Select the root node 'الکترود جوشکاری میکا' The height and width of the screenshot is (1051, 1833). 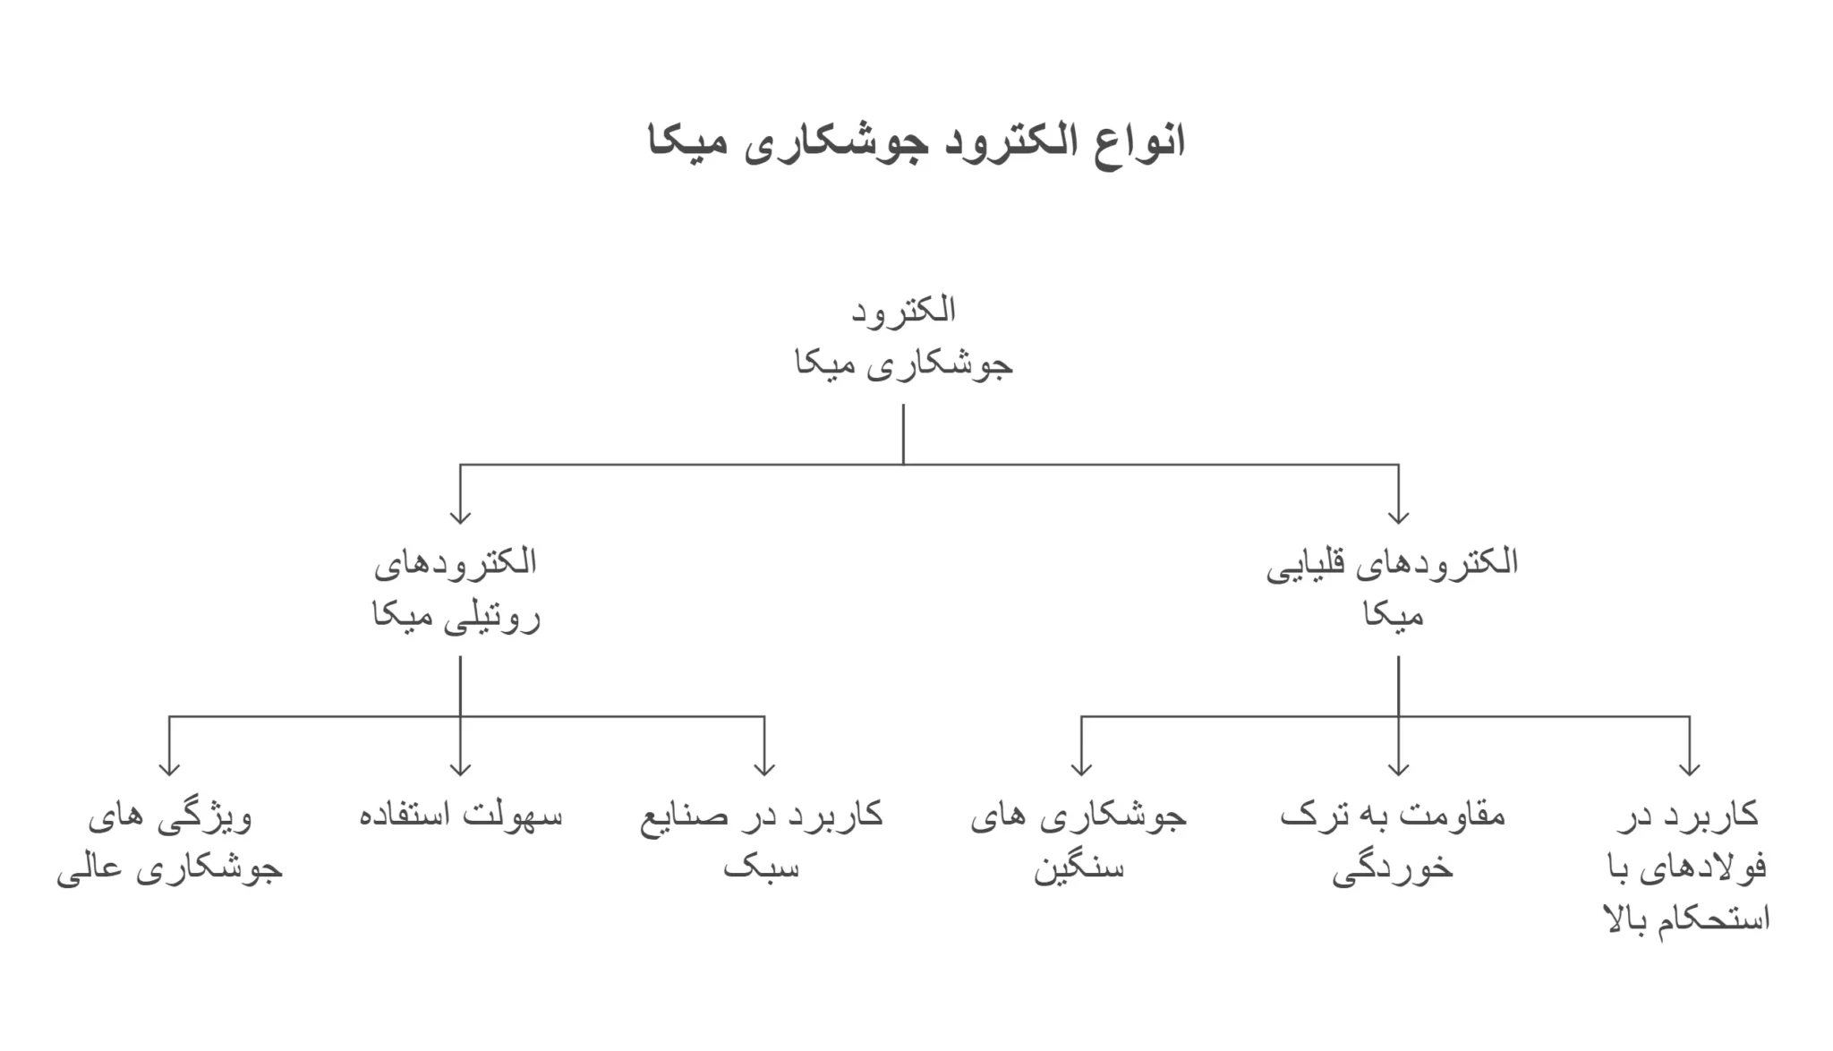(904, 338)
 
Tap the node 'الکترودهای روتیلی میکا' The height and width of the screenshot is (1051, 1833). (456, 590)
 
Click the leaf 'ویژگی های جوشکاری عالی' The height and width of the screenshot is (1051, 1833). (170, 842)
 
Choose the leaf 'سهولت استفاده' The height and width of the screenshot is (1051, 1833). (461, 816)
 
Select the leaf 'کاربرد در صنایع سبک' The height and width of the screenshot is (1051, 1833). (762, 841)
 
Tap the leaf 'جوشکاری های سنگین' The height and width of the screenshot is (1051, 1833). (1078, 842)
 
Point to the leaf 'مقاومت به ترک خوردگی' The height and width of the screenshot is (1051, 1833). (1393, 842)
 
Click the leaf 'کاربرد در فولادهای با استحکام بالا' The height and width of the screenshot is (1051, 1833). (1687, 867)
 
